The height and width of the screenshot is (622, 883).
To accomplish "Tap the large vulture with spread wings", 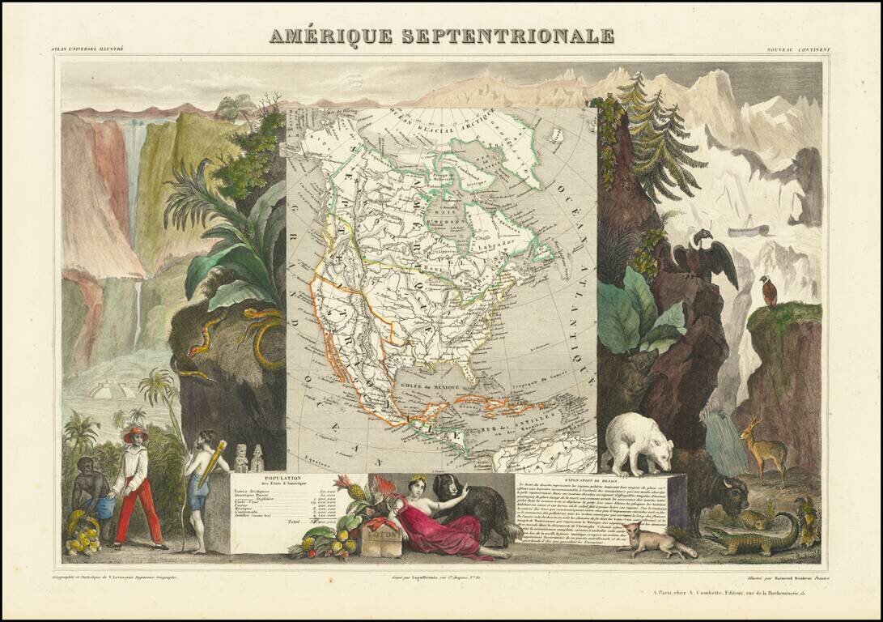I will coord(704,255).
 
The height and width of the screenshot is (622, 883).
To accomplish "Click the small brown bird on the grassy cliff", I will coord(767,292).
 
